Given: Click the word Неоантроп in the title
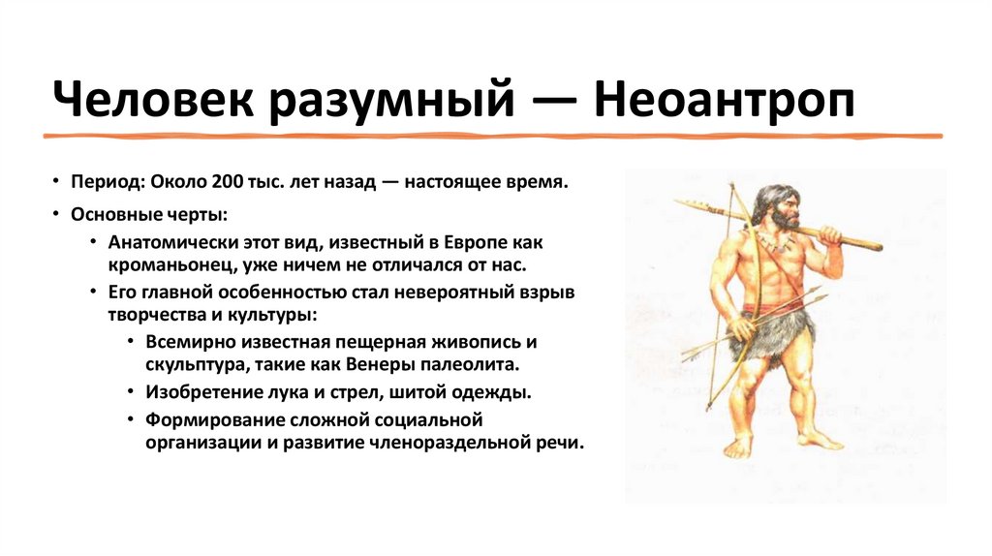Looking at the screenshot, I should tap(726, 101).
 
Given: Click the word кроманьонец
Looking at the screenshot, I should tap(161, 263).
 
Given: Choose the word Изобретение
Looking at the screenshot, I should tap(201, 393).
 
